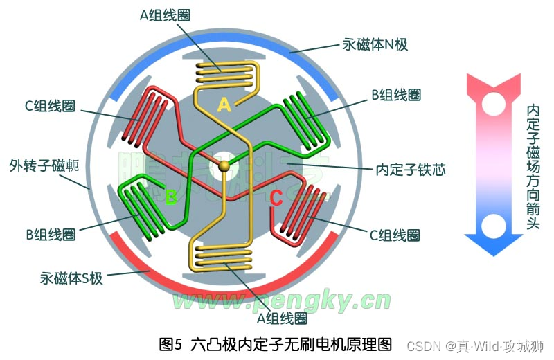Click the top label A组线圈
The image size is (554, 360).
click(x=166, y=14)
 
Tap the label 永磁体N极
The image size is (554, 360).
click(x=375, y=45)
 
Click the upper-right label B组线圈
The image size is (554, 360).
click(x=396, y=95)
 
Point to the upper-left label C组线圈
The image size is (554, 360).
click(x=49, y=107)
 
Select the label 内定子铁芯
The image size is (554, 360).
click(x=409, y=169)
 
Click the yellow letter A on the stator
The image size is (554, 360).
click(x=224, y=105)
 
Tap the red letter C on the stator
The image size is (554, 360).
click(x=276, y=199)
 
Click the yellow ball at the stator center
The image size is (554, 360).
click(x=224, y=166)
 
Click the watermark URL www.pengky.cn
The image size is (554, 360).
click(x=281, y=300)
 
